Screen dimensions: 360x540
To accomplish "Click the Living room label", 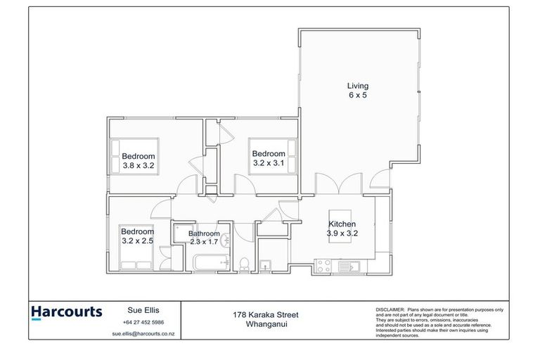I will pyautogui.click(x=357, y=86).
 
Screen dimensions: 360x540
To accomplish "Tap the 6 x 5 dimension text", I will pyautogui.click(x=357, y=96).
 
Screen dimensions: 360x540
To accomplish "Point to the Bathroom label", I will pyautogui.click(x=205, y=233).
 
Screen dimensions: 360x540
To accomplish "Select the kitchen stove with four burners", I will pyautogui.click(x=324, y=266).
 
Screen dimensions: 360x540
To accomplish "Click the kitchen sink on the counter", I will pyautogui.click(x=349, y=266).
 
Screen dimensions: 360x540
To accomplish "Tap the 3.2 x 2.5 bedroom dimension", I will pyautogui.click(x=136, y=240).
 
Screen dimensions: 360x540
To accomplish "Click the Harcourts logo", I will pyautogui.click(x=67, y=311).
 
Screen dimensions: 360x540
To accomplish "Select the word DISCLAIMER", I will pyautogui.click(x=390, y=309).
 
